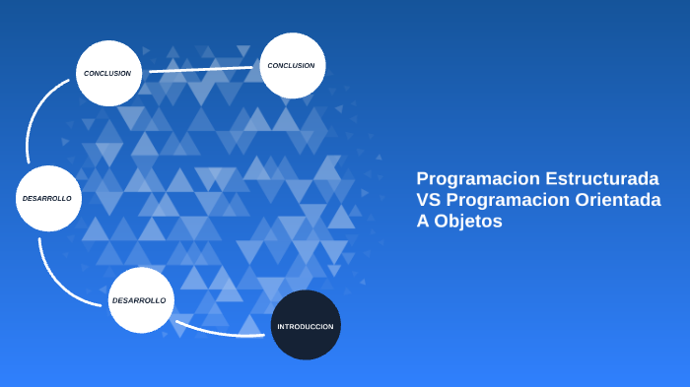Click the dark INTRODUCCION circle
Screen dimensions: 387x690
306,325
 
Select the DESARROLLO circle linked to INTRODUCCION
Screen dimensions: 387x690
141,299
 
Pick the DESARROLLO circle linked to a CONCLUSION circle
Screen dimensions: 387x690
49,198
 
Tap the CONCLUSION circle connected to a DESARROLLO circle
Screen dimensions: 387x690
109,73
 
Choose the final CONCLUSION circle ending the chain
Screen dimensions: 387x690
293,65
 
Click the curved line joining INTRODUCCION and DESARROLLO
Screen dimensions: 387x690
223,331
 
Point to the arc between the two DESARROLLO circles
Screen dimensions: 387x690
54,272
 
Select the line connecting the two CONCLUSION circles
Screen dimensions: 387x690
201,69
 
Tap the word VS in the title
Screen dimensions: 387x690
428,201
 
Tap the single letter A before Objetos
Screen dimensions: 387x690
423,223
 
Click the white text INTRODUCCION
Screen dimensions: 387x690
306,326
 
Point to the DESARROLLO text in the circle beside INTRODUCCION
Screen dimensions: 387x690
139,299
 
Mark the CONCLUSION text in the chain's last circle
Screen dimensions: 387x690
291,65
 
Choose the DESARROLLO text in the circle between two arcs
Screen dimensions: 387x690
47,198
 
